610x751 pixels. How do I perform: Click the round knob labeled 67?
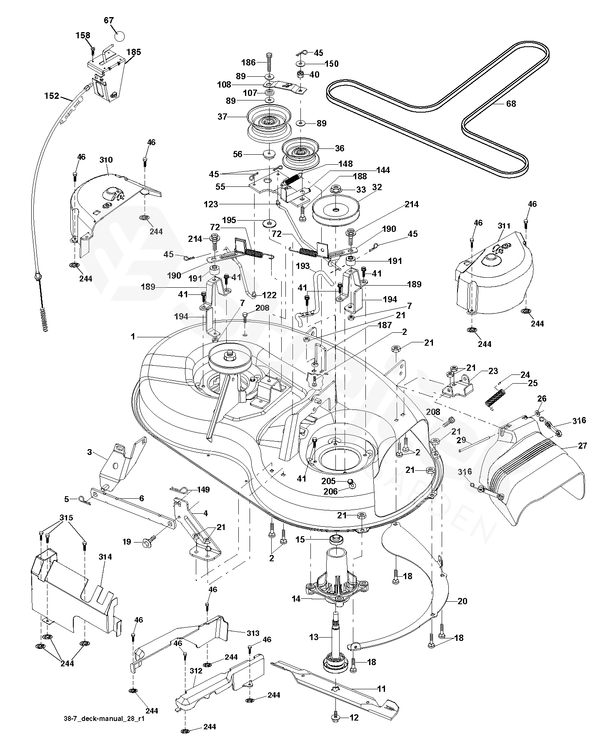pyautogui.click(x=119, y=36)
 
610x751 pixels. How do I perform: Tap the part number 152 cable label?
pyautogui.click(x=52, y=96)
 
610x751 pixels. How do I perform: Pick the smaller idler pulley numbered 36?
pyautogui.click(x=300, y=150)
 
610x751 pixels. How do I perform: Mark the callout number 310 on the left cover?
pyautogui.click(x=106, y=160)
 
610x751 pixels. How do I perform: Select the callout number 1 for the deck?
pyautogui.click(x=133, y=336)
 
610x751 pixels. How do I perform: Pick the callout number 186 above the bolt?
pyautogui.click(x=248, y=63)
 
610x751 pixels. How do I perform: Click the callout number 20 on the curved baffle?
pyautogui.click(x=462, y=601)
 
